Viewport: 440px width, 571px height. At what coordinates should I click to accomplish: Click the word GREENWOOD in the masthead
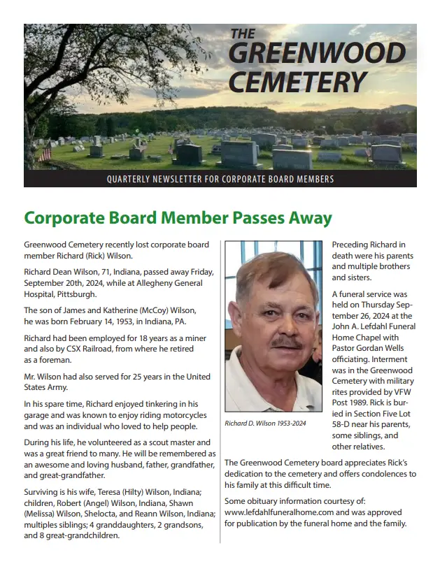(317, 54)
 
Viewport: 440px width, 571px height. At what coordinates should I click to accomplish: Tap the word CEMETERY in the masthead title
(298, 82)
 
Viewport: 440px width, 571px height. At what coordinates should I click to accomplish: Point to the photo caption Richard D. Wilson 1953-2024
(265, 424)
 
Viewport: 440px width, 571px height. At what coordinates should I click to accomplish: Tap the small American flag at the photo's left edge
(45, 153)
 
